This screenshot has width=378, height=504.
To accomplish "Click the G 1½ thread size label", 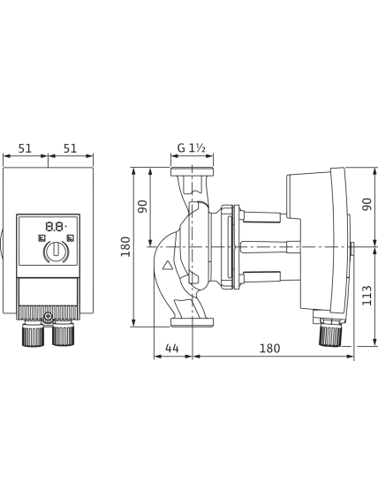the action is coord(192,148).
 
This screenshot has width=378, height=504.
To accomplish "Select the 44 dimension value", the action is coord(172,348).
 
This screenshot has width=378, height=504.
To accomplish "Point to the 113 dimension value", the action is coord(367,295).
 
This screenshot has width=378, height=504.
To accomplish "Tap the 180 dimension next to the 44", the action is coord(269,348).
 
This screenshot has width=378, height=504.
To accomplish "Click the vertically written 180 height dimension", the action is coord(125,246).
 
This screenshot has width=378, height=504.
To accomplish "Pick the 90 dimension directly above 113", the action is coord(367,205).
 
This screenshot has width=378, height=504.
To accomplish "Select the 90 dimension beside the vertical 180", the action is coord(142,207).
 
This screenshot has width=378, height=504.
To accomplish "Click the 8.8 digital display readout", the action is coord(56,227).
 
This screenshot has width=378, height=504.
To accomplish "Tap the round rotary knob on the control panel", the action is coord(57,251).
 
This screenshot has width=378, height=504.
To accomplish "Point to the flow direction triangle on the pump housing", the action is coord(167,265).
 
